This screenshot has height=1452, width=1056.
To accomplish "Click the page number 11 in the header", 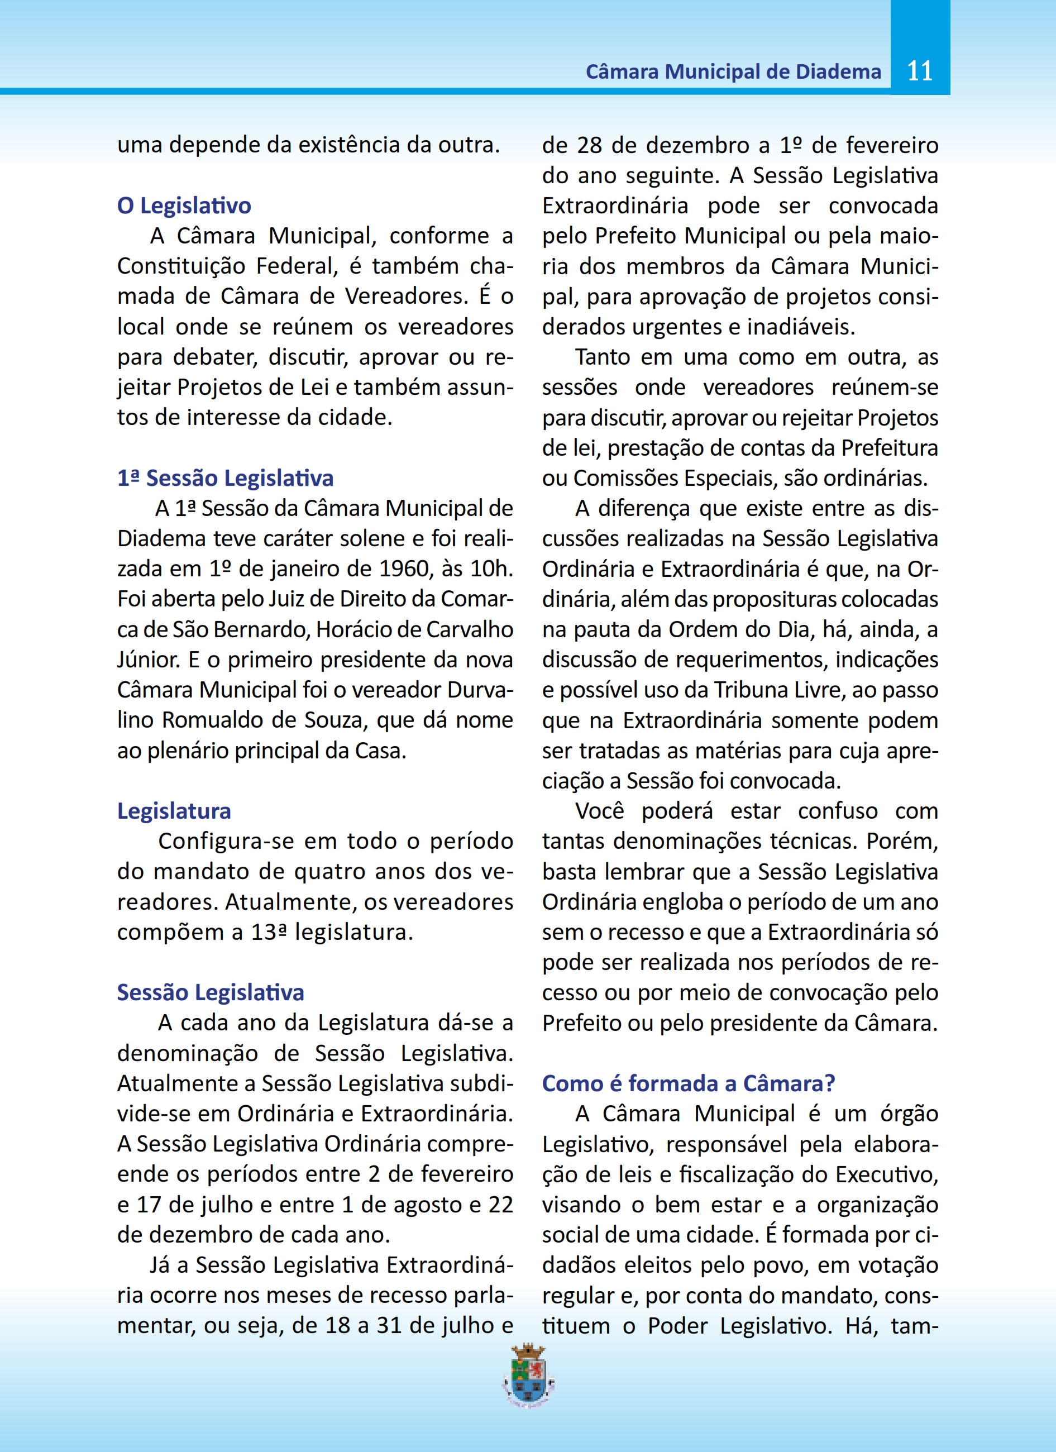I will [x=920, y=70].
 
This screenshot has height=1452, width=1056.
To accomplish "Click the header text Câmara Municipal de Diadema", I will [x=733, y=71].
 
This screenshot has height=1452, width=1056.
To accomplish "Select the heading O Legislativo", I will [x=184, y=206].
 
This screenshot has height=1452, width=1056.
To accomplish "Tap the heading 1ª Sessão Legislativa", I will [x=225, y=478].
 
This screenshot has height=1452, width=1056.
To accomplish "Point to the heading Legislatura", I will [x=174, y=811].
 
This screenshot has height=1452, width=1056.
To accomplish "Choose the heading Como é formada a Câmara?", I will [x=689, y=1083].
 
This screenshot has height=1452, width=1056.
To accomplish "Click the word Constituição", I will [x=181, y=266].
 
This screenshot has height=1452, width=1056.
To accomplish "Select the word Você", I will [x=599, y=811].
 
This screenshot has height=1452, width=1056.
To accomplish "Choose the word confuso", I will [x=838, y=811].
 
